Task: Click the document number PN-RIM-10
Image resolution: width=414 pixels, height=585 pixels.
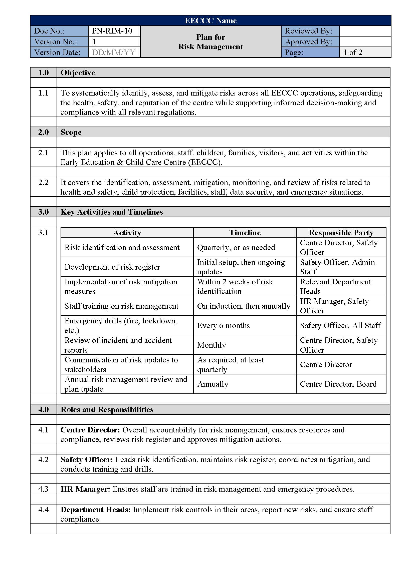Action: coord(112,31)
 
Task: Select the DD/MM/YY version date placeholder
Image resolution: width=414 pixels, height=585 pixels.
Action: coord(113,52)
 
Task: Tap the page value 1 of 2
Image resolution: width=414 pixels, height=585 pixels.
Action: coord(353,52)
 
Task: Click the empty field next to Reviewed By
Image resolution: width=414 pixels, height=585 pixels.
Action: coord(365,31)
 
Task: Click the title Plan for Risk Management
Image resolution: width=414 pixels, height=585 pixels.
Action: coord(211,42)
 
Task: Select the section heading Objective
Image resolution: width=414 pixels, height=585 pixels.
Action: coord(78,73)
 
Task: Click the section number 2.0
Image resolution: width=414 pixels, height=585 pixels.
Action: coord(43,132)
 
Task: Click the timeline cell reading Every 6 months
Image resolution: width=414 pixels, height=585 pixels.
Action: coord(223,325)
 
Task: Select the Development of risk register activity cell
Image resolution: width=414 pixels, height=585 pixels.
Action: coord(112,267)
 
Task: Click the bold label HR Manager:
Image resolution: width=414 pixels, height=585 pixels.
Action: coord(85,489)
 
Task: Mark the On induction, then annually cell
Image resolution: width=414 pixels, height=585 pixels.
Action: coord(244,306)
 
